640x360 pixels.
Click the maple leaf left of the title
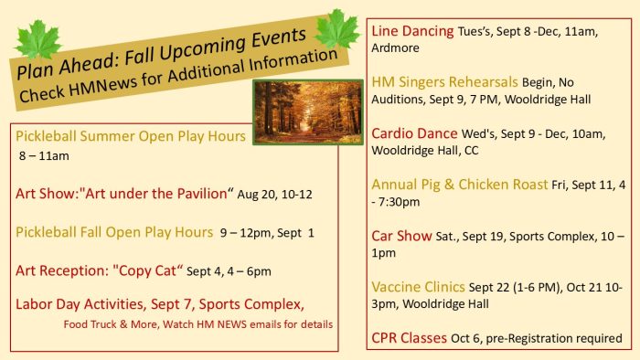coord(38,38)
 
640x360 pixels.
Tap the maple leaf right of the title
coord(337,28)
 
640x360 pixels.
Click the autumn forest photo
coord(308,112)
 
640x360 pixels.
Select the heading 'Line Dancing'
coord(412,31)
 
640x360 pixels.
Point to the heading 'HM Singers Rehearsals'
coord(444,82)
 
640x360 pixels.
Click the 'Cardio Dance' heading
coord(414,133)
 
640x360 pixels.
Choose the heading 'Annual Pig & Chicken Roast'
coord(459,185)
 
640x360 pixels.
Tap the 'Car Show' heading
coord(401,236)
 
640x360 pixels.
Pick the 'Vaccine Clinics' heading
coord(418,287)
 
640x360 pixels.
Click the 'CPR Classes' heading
coord(409,338)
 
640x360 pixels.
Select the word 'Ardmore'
coord(395,48)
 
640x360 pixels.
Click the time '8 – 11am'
coord(44,155)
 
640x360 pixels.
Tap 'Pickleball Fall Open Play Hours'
coord(114,232)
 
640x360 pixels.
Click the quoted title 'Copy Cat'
coord(147,270)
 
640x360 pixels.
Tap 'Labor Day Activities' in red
coord(80,304)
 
